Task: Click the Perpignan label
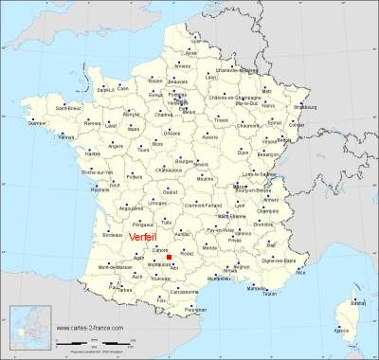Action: (x=196, y=311)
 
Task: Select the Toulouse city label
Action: (x=159, y=279)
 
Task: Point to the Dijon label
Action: (x=243, y=151)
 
